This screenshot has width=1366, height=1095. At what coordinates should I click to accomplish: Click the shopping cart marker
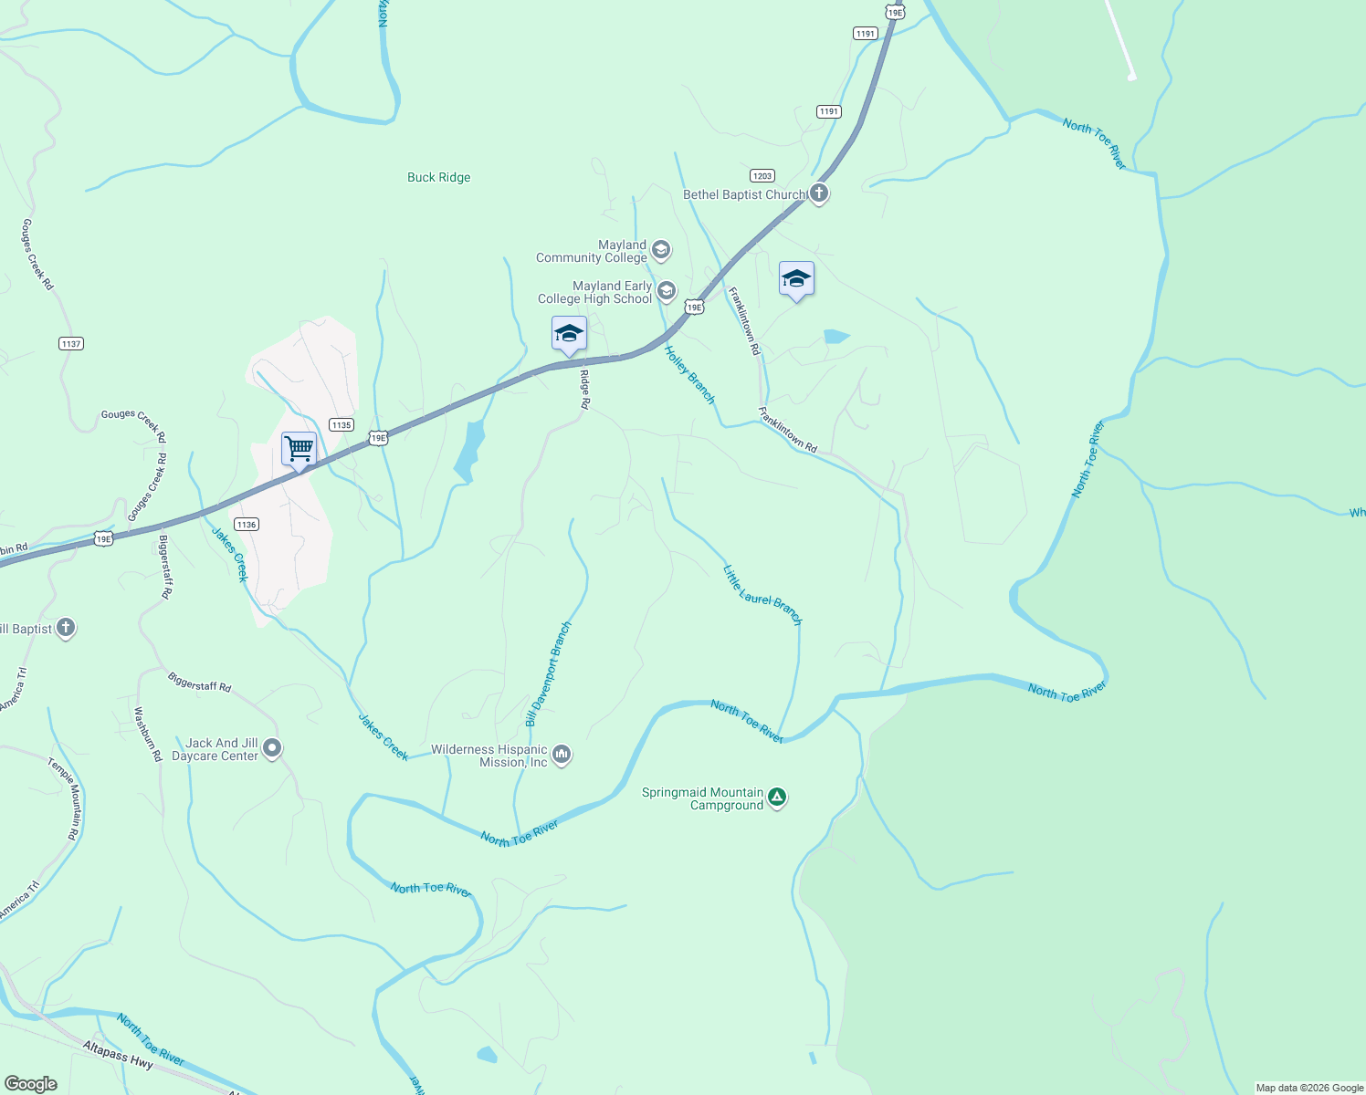pos(299,450)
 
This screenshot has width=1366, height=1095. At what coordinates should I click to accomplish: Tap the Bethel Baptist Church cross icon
pos(819,193)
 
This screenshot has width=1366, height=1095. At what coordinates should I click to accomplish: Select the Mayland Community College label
pos(592,251)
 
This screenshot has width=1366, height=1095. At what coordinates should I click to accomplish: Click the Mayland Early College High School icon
pos(667,292)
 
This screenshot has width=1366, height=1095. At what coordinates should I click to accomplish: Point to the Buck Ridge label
pos(439,178)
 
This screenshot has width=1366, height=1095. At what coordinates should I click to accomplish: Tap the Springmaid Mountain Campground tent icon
pos(777,798)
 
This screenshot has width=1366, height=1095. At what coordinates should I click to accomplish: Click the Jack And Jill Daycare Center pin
pos(272,749)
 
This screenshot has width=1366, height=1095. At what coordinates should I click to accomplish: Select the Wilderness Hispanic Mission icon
pos(562,755)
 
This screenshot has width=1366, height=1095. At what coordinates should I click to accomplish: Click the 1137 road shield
pos(70,344)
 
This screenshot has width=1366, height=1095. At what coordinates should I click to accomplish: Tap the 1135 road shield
pos(341,425)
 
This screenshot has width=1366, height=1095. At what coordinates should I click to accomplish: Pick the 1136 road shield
pos(246,525)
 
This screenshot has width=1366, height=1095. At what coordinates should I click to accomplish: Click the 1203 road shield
pos(762,176)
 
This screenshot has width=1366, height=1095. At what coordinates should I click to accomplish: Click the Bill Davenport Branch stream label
pos(548,674)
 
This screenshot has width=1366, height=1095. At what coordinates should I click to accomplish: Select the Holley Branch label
pos(690,375)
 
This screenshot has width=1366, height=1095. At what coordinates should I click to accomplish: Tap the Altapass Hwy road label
pos(118,1055)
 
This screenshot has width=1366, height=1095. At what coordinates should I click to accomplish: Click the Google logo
pos(31,1084)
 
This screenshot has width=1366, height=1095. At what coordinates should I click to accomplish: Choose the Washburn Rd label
pos(148,734)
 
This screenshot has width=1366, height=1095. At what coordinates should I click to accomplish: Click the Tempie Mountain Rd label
pos(64,798)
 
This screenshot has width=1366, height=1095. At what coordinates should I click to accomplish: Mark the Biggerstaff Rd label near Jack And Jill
pos(200,682)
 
